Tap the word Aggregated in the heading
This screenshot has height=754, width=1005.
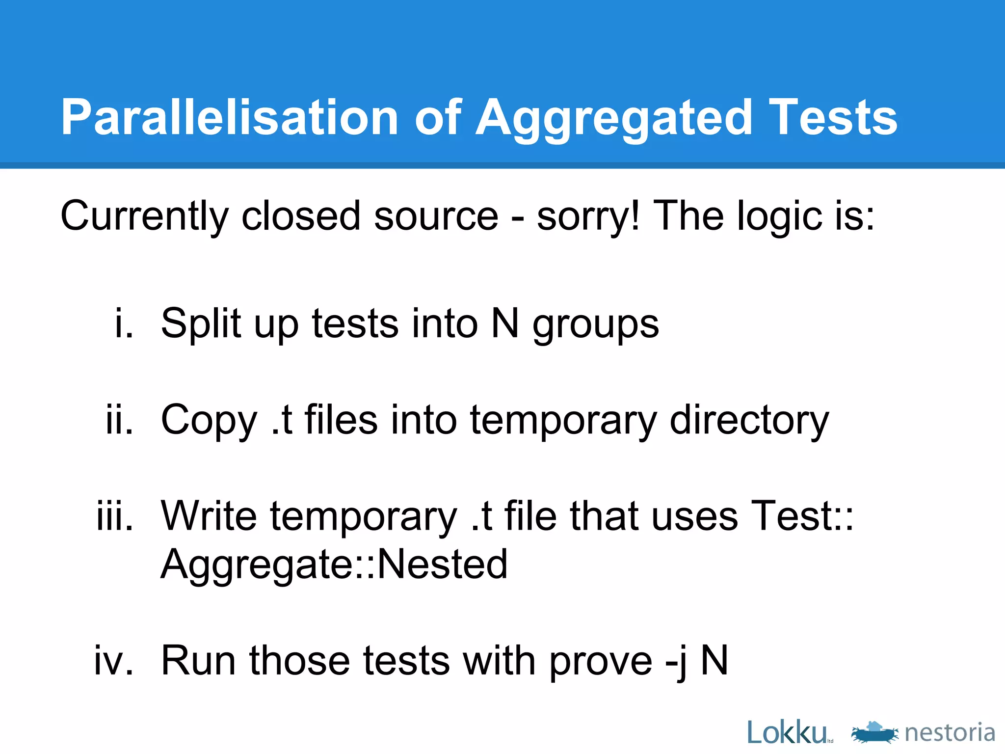click(x=613, y=118)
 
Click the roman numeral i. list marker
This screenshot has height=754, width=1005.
click(x=124, y=323)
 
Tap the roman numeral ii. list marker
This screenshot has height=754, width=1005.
click(x=120, y=420)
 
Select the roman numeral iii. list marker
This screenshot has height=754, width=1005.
click(x=115, y=516)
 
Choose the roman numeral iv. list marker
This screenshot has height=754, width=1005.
click(x=114, y=660)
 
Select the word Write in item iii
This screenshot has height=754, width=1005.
click(x=209, y=516)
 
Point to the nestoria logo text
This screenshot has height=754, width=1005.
click(x=950, y=733)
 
